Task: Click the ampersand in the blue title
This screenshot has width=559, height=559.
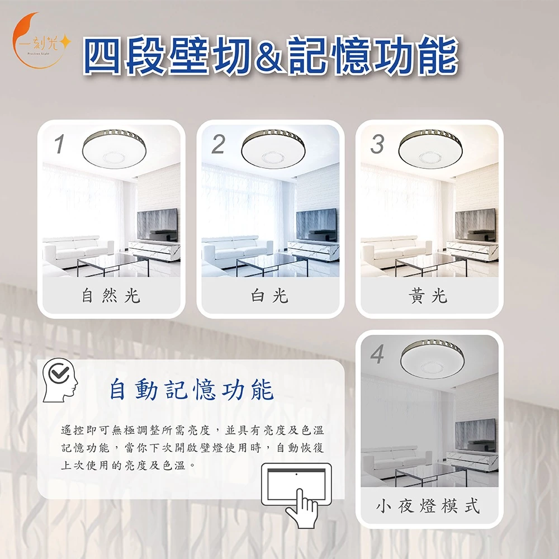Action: point(270,56)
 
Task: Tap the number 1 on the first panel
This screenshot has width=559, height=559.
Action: point(59,144)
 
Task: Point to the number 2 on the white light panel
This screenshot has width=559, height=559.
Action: point(218,144)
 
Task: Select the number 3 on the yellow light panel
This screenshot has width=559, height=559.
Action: point(377,144)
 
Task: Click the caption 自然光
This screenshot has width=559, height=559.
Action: point(111,296)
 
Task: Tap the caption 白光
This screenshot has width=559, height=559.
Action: point(269,296)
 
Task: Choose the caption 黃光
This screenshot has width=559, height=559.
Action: point(428,296)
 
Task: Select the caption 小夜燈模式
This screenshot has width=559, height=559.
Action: point(428,505)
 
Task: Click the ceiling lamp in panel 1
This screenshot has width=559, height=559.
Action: point(114,149)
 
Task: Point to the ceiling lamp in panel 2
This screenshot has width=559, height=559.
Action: point(273,149)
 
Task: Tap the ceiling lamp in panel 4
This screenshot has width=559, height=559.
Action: point(433,359)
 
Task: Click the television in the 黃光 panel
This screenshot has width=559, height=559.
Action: point(476,225)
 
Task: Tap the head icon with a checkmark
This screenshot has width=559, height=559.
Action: point(60,380)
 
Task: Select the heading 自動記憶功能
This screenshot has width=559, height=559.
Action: point(191,390)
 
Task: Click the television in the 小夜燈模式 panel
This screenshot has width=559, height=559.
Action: point(476,435)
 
